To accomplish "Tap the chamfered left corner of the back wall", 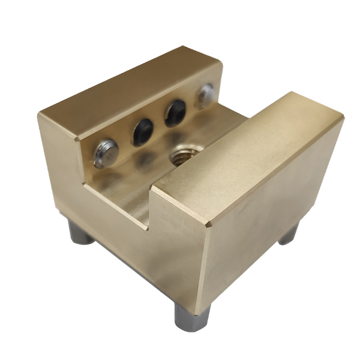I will pyautogui.click(x=77, y=139).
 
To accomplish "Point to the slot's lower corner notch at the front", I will pyautogui.click(x=147, y=227).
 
